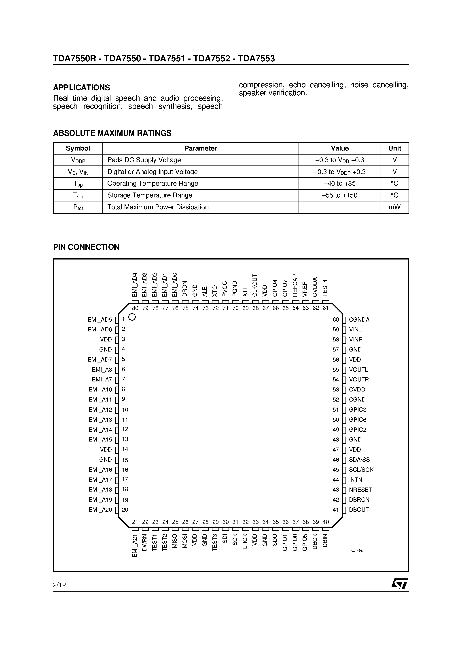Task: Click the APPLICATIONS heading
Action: pos(81,87)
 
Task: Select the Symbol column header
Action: pos(78,148)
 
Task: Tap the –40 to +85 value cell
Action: pos(339,183)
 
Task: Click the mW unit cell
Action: pos(394,207)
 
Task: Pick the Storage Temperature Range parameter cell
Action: pos(150,195)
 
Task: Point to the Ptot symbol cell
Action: pos(78,207)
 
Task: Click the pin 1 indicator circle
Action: pos(132,317)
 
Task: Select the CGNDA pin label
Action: pos(359,319)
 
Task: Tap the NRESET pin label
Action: pos(360,490)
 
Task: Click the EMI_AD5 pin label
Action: pos(100,319)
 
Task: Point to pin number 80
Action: pos(135,308)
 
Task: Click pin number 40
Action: pos(326,522)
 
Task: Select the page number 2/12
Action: pos(59,585)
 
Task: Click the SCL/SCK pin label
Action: pos(361,470)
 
